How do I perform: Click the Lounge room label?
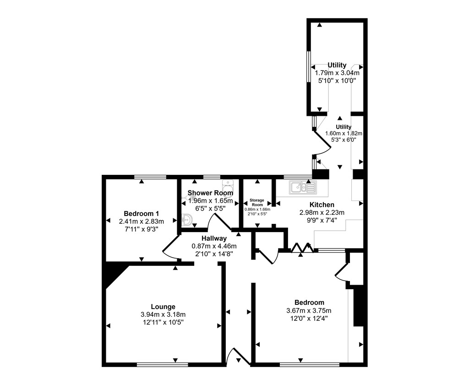pyautogui.click(x=163, y=307)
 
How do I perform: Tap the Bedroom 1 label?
pyautogui.click(x=141, y=214)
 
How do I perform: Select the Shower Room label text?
pyautogui.click(x=210, y=193)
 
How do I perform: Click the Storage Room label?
pyautogui.click(x=257, y=202)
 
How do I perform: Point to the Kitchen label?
pyautogui.click(x=322, y=205)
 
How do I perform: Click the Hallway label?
pyautogui.click(x=214, y=238)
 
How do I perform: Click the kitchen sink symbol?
pyautogui.click(x=303, y=187)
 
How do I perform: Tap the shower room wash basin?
pyautogui.click(x=187, y=220)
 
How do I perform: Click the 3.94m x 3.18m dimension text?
pyautogui.click(x=163, y=315)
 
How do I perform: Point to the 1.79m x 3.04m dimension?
pyautogui.click(x=337, y=73)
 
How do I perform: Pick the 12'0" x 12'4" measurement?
pyautogui.click(x=309, y=319)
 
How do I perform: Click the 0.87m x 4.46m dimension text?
pyautogui.click(x=214, y=246)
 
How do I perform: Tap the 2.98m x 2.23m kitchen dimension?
pyautogui.click(x=322, y=213)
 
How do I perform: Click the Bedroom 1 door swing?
pyautogui.click(x=169, y=247)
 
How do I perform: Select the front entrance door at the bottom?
pyautogui.click(x=238, y=357)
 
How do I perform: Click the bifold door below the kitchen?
pyautogui.click(x=302, y=249)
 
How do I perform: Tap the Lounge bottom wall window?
pyautogui.click(x=163, y=365)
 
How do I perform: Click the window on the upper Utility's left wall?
pyautogui.click(x=308, y=66)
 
